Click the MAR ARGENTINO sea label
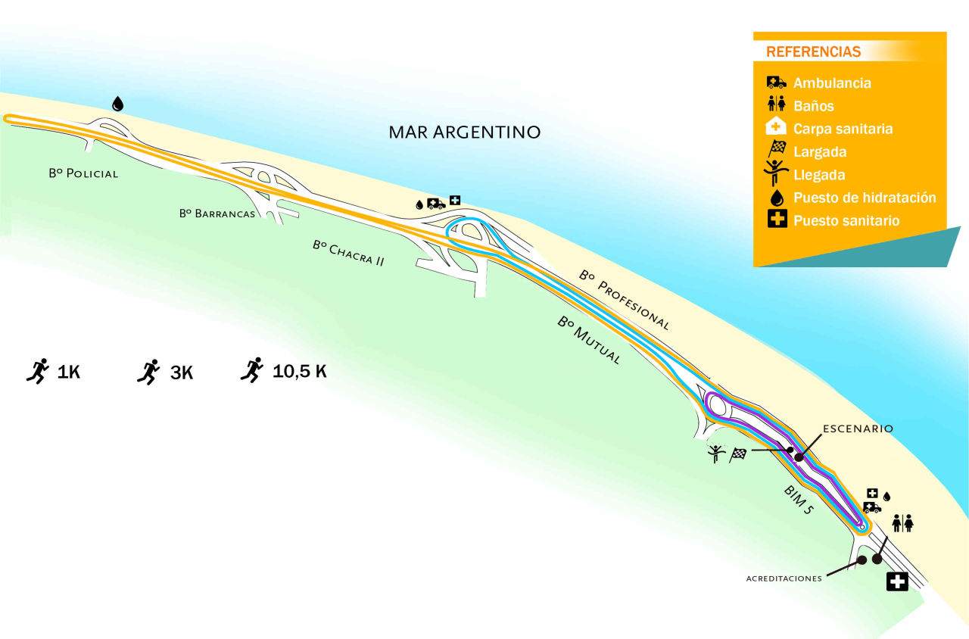click(x=464, y=132)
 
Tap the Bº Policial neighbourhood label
click(x=83, y=173)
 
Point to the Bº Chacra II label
click(x=348, y=253)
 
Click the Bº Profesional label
click(x=625, y=300)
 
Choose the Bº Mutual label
click(x=589, y=341)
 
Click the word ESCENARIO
click(x=858, y=429)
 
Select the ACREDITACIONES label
click(x=784, y=578)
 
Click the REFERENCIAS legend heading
click(x=813, y=52)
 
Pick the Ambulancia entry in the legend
click(x=832, y=83)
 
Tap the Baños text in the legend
click(x=813, y=106)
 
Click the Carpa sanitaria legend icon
click(x=777, y=128)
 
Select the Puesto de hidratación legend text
click(x=865, y=198)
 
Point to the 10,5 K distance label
click(x=300, y=372)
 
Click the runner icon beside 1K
click(x=37, y=370)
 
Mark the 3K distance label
click(x=182, y=372)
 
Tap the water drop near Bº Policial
click(x=117, y=104)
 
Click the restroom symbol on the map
click(x=902, y=523)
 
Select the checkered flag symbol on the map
click(x=738, y=454)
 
